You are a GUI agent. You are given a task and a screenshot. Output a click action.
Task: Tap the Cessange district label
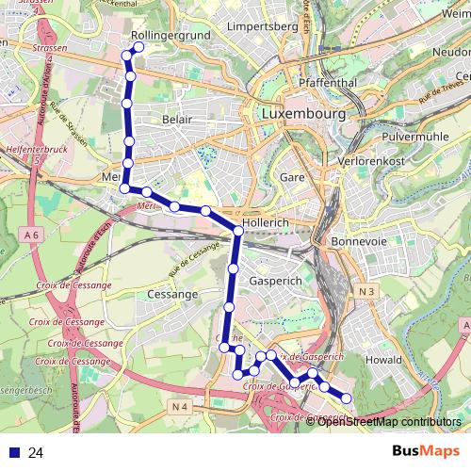tap(173, 294)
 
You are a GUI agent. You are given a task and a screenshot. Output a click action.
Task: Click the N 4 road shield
tap(182, 406)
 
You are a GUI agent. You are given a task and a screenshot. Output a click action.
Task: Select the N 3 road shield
tap(365, 292)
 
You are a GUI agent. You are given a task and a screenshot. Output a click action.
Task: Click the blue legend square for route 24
tap(12, 453)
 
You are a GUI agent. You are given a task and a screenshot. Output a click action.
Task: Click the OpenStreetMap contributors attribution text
tap(389, 421)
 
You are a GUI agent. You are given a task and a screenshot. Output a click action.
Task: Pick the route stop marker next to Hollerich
tap(239, 231)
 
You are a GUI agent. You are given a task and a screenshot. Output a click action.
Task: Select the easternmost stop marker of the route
tap(346, 398)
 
